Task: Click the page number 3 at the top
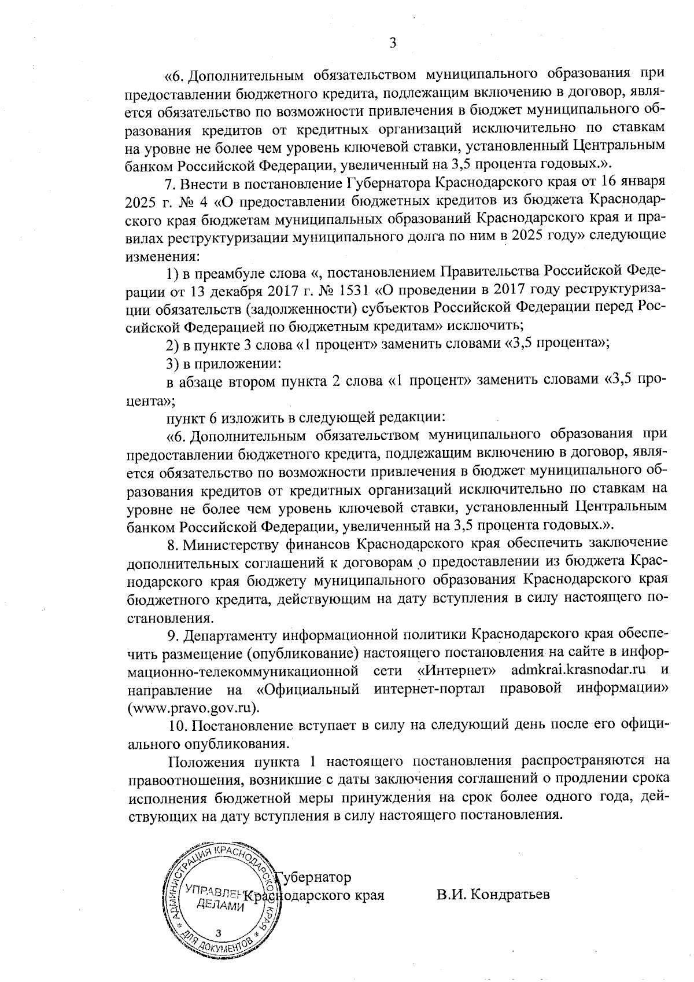pos(392,43)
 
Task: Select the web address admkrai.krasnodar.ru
pos(579,670)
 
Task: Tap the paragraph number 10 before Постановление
pos(175,726)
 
